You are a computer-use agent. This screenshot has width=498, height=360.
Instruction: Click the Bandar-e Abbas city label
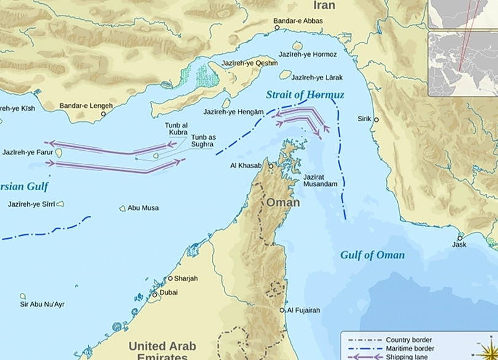[298, 21]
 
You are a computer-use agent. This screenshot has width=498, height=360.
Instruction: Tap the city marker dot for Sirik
[376, 119]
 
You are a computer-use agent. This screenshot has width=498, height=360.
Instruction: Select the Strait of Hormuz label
[305, 95]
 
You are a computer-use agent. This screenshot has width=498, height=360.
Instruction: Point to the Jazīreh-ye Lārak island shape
[285, 74]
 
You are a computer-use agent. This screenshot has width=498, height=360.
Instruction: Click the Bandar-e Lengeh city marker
[103, 114]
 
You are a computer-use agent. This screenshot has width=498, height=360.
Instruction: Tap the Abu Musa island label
[143, 208]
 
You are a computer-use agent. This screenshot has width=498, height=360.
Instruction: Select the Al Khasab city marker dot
[271, 166]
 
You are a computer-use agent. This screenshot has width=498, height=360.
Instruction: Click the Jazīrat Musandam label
[320, 181]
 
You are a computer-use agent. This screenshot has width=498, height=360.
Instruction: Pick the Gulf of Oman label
[373, 255]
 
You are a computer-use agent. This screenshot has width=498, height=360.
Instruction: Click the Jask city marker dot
[459, 238]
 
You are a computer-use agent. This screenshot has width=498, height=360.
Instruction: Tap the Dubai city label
[168, 293]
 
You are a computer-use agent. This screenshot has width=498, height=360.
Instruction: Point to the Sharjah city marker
[170, 278]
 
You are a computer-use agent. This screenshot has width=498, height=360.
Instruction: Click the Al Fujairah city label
[304, 310]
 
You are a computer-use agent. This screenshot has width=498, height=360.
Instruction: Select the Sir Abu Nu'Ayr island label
[42, 305]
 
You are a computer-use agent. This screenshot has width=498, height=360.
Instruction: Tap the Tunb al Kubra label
[176, 129]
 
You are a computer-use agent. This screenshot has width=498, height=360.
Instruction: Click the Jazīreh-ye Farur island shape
[59, 153]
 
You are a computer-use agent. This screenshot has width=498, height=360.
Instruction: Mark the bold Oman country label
[283, 202]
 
